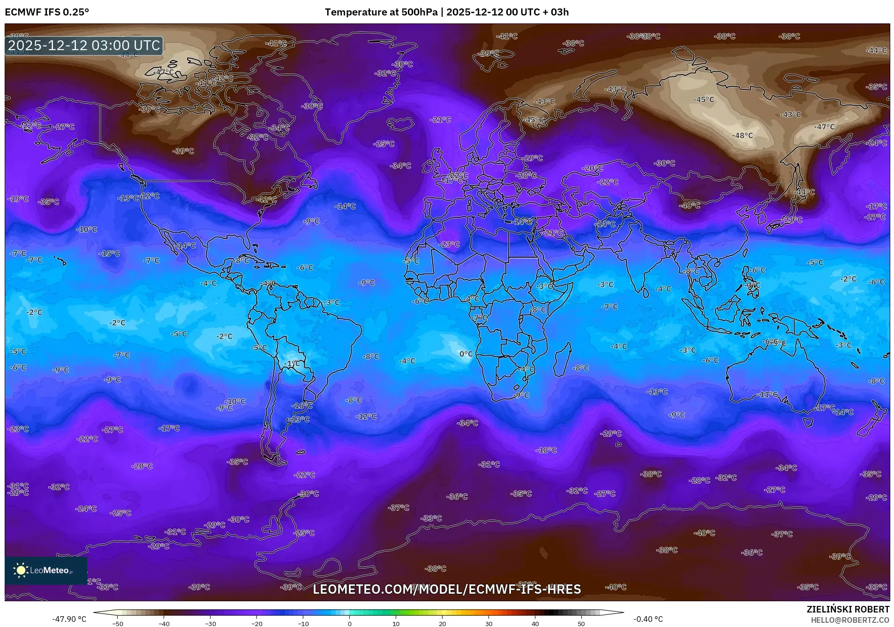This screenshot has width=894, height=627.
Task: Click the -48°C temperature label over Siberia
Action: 742,135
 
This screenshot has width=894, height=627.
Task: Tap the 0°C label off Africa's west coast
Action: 466,354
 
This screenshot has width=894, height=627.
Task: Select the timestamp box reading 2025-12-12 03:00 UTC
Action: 84,45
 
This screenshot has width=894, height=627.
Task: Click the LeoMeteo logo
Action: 45,570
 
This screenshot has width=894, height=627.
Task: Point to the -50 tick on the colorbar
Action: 118,623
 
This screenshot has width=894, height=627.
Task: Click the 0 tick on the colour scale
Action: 349,623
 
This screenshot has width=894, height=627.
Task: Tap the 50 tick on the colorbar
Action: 581,623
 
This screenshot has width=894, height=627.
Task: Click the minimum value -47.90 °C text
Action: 69,619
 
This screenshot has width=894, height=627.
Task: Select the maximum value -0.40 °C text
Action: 648,619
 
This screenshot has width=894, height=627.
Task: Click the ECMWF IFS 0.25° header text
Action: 47,12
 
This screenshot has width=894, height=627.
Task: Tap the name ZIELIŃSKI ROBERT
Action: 848,609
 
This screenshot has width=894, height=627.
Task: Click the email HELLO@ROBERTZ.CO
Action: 849,620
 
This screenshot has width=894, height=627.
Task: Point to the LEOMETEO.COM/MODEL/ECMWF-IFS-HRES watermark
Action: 446,589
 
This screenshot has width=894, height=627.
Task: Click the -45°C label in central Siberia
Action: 704,99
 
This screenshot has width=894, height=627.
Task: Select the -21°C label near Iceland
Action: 440,119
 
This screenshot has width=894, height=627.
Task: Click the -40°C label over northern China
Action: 690,205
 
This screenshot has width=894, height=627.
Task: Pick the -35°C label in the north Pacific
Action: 49,202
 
